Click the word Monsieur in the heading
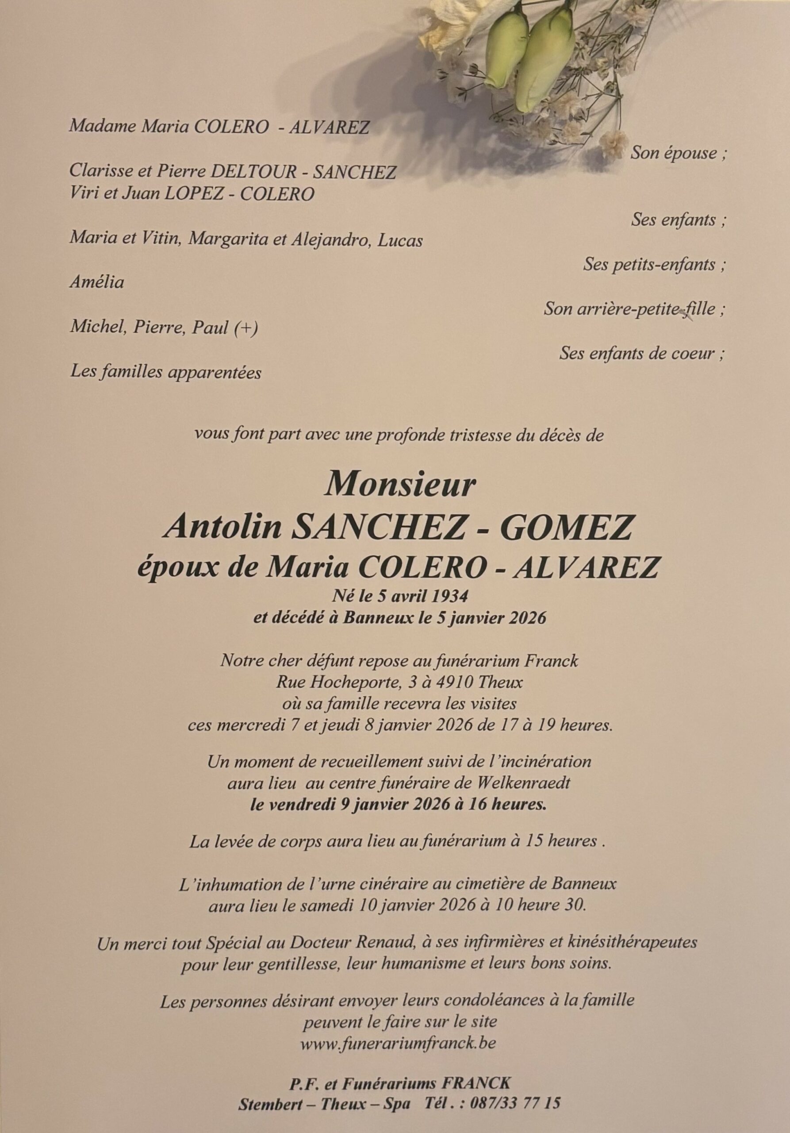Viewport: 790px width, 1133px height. pos(399,486)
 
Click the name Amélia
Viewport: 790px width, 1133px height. pos(97,283)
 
